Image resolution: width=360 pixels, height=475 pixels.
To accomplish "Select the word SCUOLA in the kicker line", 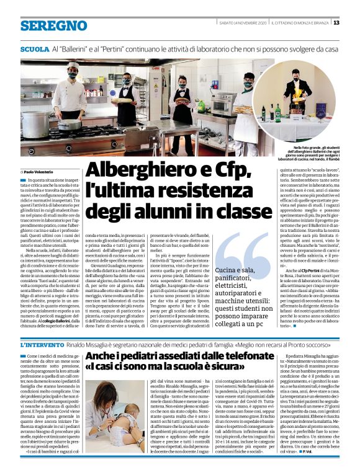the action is point(35,48).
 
